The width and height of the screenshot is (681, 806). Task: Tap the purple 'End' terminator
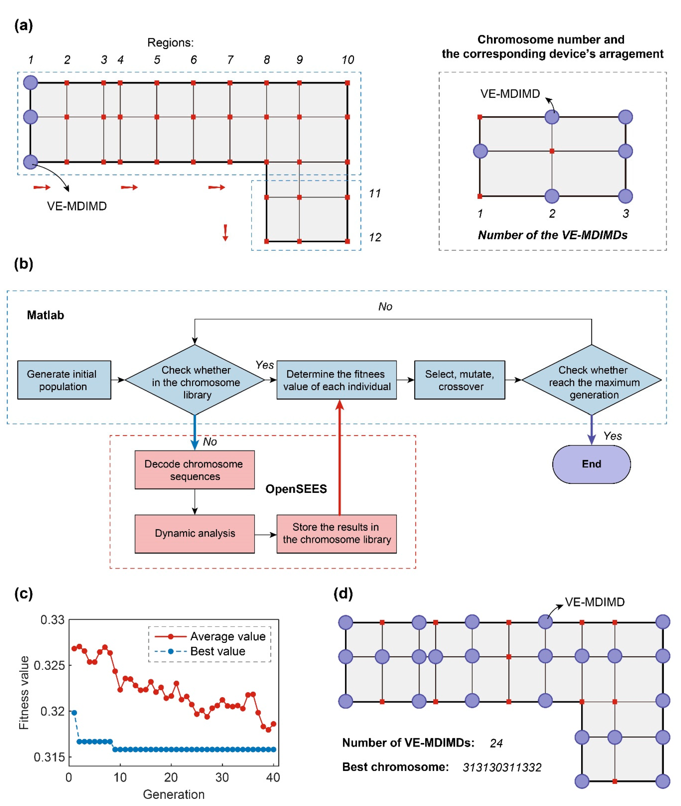591,464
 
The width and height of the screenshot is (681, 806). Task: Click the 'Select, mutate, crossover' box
459,380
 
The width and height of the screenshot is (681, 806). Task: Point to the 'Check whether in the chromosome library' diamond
195,380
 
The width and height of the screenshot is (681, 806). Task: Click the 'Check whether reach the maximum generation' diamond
591,380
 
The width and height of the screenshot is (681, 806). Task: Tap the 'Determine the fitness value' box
336,380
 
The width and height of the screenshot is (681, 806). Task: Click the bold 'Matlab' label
46,315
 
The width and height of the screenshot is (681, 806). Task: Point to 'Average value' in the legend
228,636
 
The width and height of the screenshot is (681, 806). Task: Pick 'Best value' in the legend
218,651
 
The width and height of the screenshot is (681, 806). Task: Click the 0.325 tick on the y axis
49,665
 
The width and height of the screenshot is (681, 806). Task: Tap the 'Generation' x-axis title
174,794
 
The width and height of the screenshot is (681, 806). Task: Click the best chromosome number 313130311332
502,768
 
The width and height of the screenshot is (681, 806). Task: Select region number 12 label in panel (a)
375,237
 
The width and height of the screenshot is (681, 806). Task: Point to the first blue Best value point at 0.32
74,712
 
